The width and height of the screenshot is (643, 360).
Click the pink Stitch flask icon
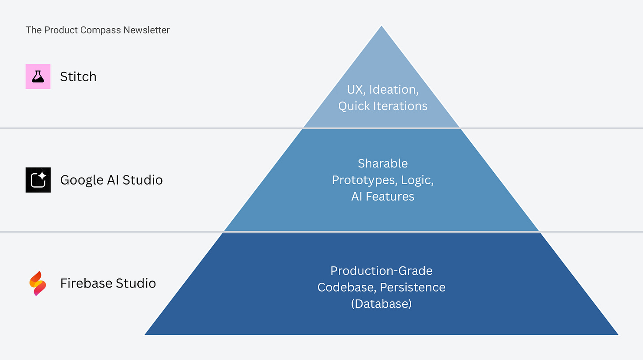click(x=38, y=76)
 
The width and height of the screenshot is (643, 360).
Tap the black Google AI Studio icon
click(x=38, y=180)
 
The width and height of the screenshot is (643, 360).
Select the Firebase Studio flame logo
click(x=38, y=283)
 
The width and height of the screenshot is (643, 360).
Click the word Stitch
click(x=78, y=77)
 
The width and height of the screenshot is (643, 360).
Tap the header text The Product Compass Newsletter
click(x=98, y=30)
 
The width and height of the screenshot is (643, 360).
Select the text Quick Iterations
click(x=382, y=106)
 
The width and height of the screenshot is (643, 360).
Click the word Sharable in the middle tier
click(x=382, y=163)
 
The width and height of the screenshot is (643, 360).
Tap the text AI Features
click(x=382, y=197)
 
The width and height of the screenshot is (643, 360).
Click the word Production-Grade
click(x=382, y=271)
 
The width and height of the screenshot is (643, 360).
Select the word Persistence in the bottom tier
click(x=412, y=288)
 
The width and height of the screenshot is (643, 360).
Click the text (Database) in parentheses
click(x=382, y=304)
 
